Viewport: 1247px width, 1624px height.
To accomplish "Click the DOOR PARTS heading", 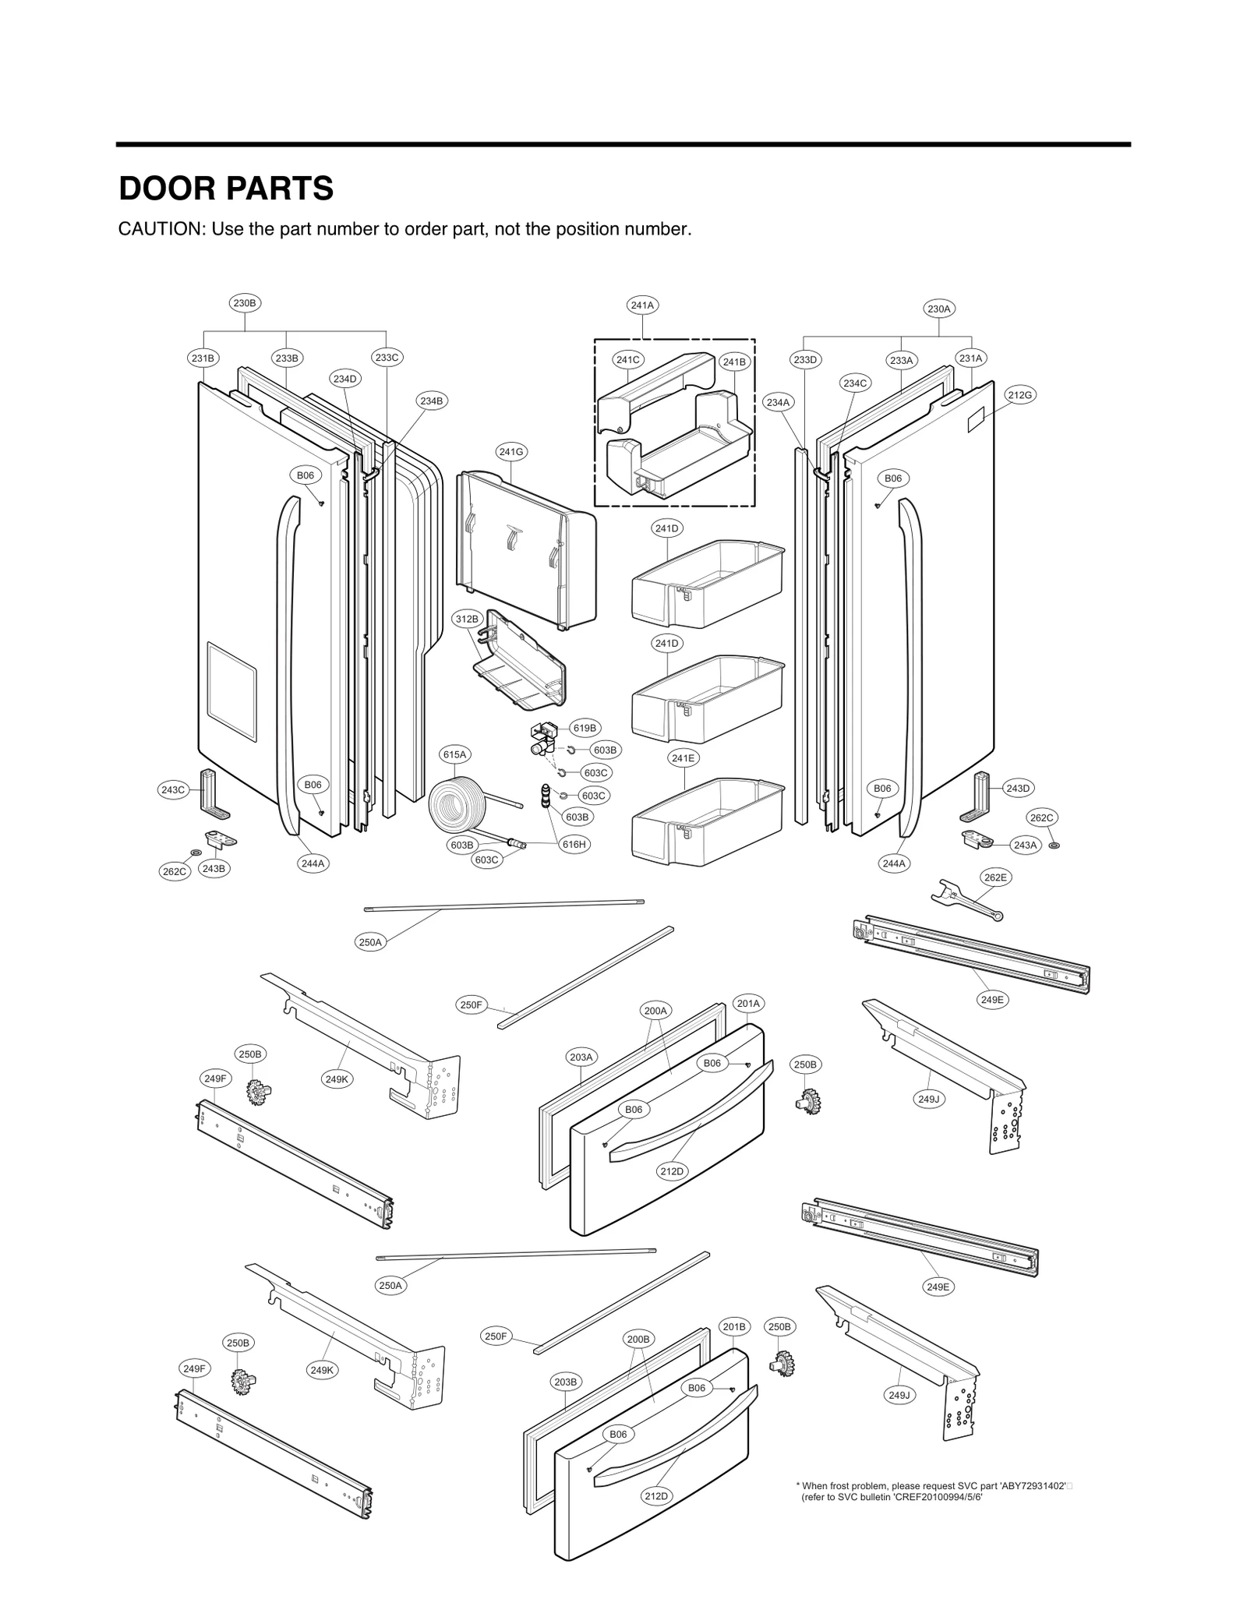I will [x=226, y=189].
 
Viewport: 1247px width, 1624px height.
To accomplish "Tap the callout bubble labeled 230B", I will [x=245, y=303].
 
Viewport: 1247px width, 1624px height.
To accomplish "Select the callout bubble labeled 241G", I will [x=511, y=451].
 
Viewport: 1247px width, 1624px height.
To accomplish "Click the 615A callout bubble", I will [x=454, y=754].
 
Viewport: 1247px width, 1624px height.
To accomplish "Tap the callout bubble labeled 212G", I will [x=1020, y=395].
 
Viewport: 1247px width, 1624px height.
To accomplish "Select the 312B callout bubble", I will [x=467, y=619].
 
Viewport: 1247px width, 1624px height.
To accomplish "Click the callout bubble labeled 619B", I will [x=585, y=728].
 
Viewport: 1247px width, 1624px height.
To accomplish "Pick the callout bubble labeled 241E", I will [x=684, y=757].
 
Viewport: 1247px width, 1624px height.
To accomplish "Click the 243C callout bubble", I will [x=172, y=789].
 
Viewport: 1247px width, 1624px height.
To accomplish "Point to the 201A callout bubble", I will [x=748, y=1004].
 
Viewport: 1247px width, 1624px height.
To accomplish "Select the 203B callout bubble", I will [x=565, y=1382].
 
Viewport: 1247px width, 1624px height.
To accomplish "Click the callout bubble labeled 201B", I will [x=734, y=1326].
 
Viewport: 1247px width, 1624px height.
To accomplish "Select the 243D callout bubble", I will [x=1018, y=789].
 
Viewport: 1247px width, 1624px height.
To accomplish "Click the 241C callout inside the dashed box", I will [x=627, y=359].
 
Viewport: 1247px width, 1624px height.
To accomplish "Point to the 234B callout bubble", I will [x=431, y=401].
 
